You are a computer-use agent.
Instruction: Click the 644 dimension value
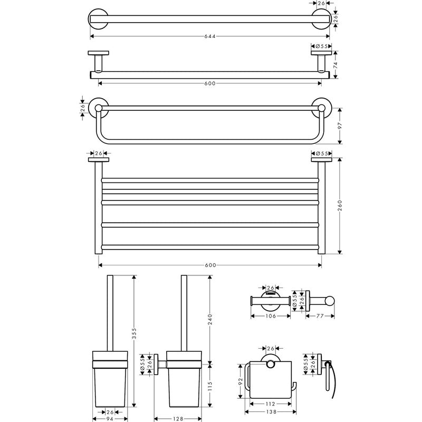[210, 36]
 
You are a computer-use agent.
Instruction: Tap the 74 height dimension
[335, 64]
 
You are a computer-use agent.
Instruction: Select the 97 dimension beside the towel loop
[340, 126]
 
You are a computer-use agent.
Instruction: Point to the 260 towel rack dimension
[340, 206]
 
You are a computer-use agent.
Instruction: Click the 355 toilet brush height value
[134, 333]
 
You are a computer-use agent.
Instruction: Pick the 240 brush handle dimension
[210, 319]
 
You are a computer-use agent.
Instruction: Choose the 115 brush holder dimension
[210, 386]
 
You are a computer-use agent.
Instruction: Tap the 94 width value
[110, 419]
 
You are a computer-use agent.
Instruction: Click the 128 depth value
[178, 419]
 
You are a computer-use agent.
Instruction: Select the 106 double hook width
[271, 316]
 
